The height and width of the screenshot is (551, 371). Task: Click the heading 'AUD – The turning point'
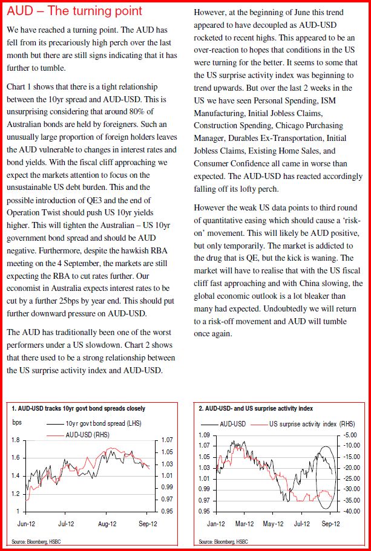click(x=74, y=11)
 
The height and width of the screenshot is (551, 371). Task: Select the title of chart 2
click(x=248, y=409)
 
